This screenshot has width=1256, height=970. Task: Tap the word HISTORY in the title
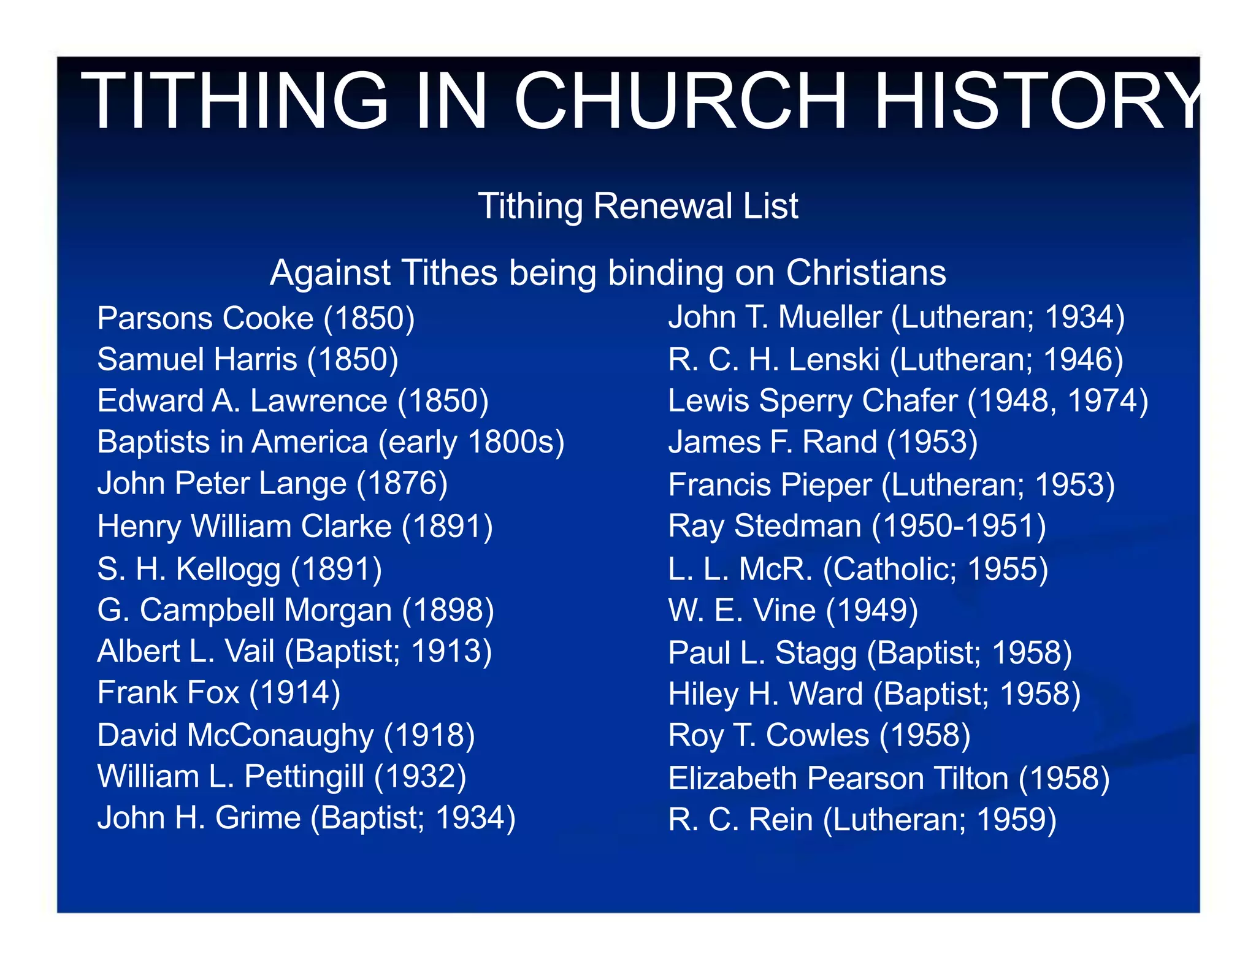tap(1036, 101)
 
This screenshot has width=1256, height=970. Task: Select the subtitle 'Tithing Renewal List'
tap(638, 206)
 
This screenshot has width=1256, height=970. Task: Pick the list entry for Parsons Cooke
tap(256, 319)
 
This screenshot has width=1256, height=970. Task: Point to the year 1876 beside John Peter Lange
tap(402, 484)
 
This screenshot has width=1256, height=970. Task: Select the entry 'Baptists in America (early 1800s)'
tap(331, 442)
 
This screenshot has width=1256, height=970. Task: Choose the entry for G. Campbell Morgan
tap(296, 611)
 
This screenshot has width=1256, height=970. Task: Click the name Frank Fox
tap(168, 693)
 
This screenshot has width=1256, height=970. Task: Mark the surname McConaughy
tap(280, 735)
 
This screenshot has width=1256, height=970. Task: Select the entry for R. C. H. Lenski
tap(895, 360)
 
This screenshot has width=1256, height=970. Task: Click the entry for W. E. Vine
tap(793, 611)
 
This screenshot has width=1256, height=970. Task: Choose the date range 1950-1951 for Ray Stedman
tap(959, 527)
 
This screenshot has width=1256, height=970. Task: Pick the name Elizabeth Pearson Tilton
tap(838, 779)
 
